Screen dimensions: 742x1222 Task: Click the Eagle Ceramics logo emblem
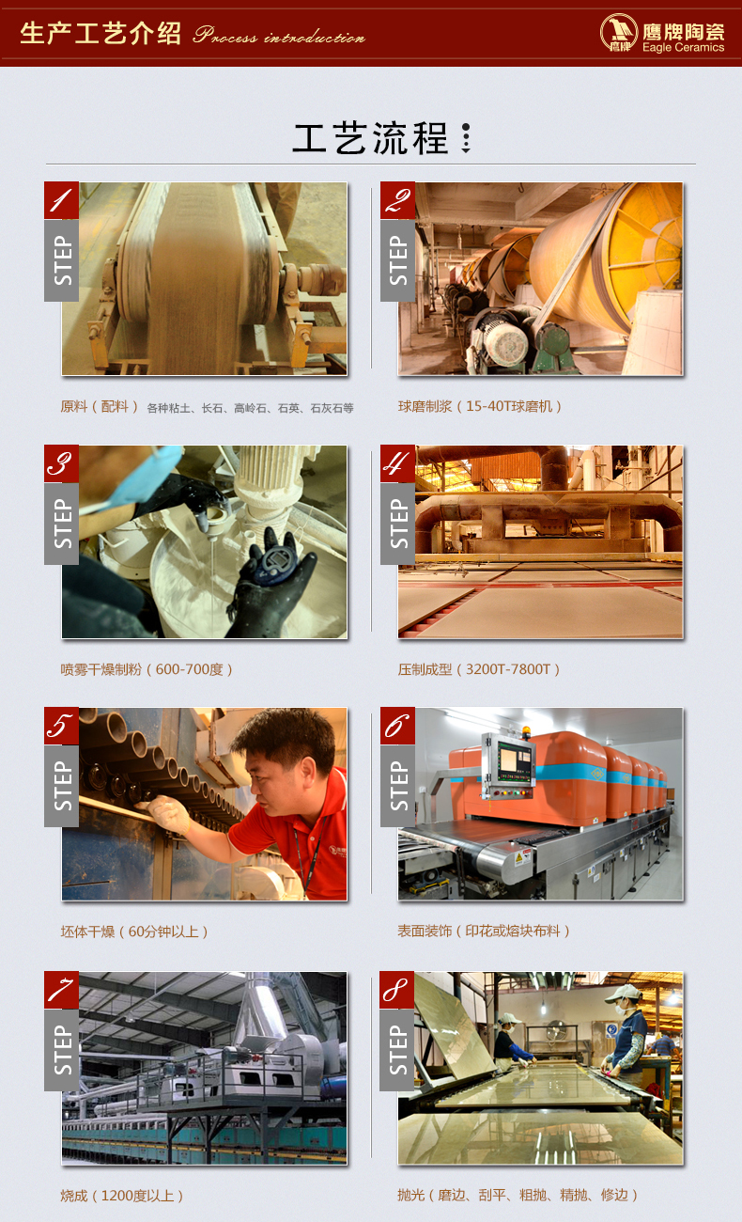coord(618,32)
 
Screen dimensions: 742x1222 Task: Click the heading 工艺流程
coord(370,138)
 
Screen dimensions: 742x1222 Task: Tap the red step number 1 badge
coord(61,200)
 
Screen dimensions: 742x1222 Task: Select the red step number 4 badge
coord(397,463)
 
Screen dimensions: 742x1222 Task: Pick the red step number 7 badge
coord(61,990)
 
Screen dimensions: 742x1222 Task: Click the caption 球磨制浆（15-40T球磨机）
coord(480,406)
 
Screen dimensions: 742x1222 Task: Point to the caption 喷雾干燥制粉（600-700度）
coord(147,669)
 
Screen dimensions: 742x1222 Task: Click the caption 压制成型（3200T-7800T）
coord(479,669)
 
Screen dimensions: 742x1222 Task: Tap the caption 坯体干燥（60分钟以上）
coord(134,932)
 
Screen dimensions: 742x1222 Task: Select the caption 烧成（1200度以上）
coord(121,1196)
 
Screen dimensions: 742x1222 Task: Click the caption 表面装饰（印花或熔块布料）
coord(484,931)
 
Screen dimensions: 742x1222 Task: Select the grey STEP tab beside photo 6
coord(397,786)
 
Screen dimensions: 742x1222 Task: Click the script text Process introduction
coord(279,35)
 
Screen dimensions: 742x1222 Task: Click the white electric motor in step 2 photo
coord(504,341)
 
